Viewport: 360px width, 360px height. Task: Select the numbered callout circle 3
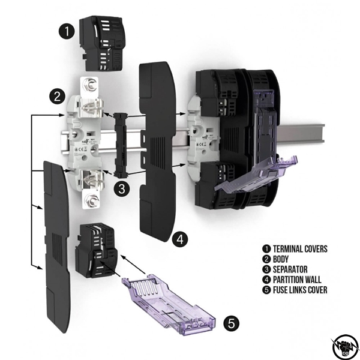pos(122,188)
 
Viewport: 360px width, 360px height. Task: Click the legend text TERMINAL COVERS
pos(299,248)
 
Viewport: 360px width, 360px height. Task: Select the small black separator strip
pos(118,143)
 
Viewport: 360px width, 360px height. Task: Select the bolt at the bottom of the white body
pos(92,200)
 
